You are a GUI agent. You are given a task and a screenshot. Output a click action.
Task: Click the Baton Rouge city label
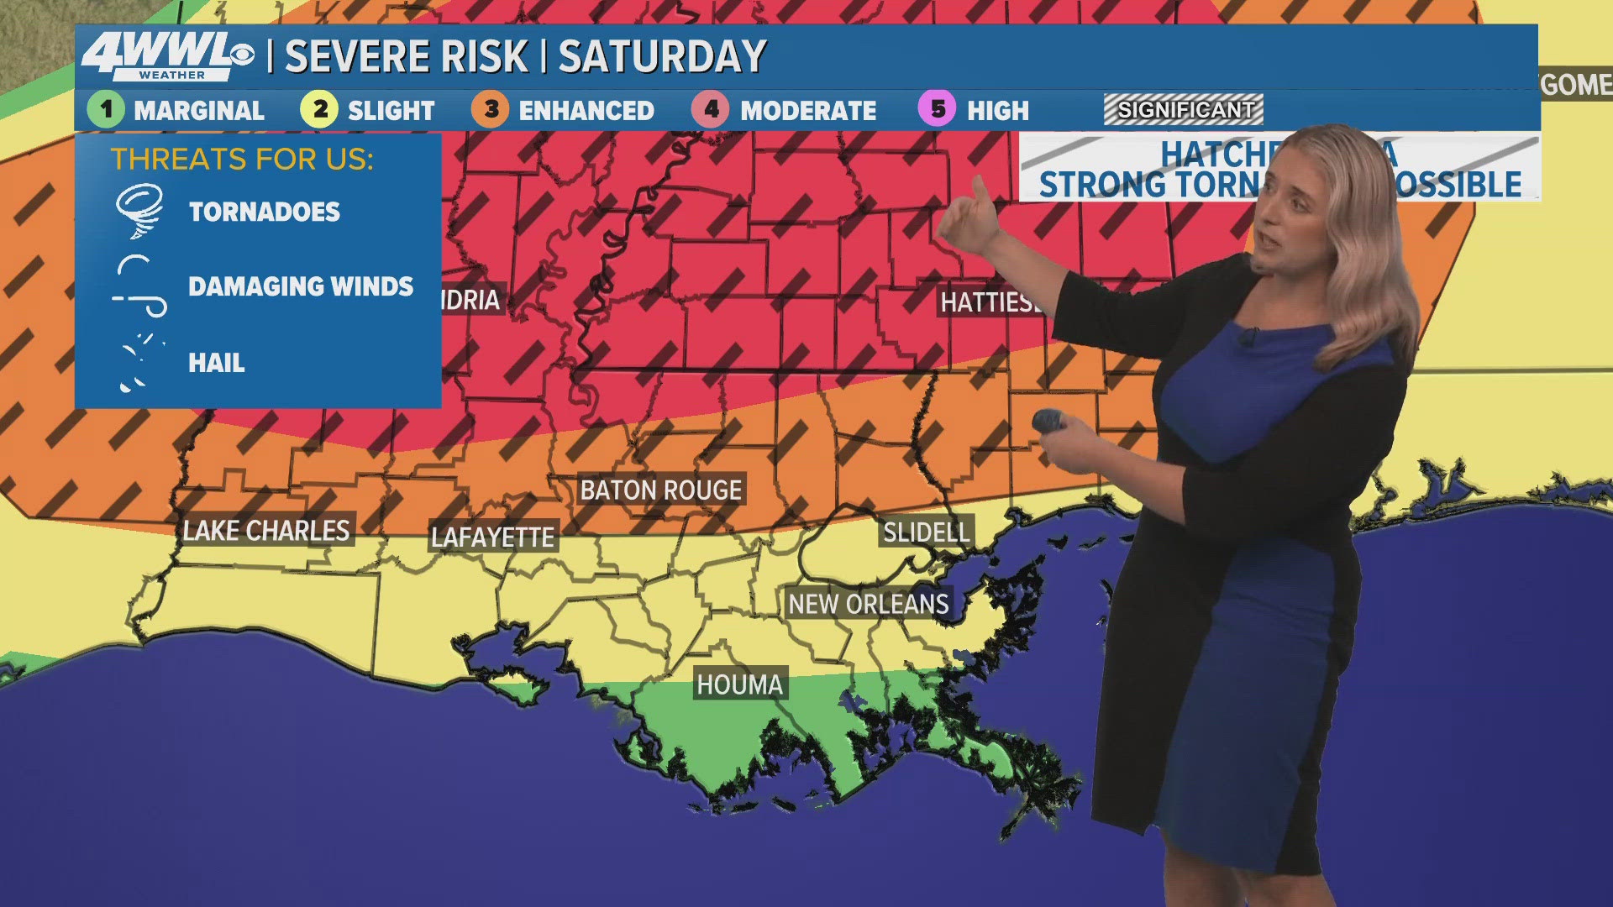[660, 490]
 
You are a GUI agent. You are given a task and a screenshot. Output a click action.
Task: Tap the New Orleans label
[868, 604]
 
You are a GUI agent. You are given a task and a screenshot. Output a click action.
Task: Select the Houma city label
[739, 684]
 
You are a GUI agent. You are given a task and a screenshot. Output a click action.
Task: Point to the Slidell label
[926, 532]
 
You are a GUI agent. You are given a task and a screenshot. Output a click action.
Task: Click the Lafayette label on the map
[492, 537]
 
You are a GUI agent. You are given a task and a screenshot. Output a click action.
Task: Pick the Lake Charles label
[266, 531]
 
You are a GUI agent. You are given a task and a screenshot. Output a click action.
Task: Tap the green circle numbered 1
[106, 110]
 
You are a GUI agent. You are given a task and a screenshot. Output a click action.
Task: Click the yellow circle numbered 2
[319, 110]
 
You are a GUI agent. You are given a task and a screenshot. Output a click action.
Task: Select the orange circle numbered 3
[491, 110]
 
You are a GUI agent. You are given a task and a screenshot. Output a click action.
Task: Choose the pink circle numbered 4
[711, 110]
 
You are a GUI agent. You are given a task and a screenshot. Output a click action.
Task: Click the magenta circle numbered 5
[938, 110]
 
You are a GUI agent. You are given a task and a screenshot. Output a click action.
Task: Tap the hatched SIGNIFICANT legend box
[1184, 110]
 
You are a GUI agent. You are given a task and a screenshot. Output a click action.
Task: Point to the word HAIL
[217, 363]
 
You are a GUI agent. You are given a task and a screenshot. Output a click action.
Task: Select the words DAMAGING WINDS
[301, 286]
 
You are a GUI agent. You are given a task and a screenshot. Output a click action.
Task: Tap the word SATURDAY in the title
[662, 57]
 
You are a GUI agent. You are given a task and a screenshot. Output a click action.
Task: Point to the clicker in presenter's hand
[1049, 421]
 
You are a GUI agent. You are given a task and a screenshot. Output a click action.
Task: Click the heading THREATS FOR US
[242, 159]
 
